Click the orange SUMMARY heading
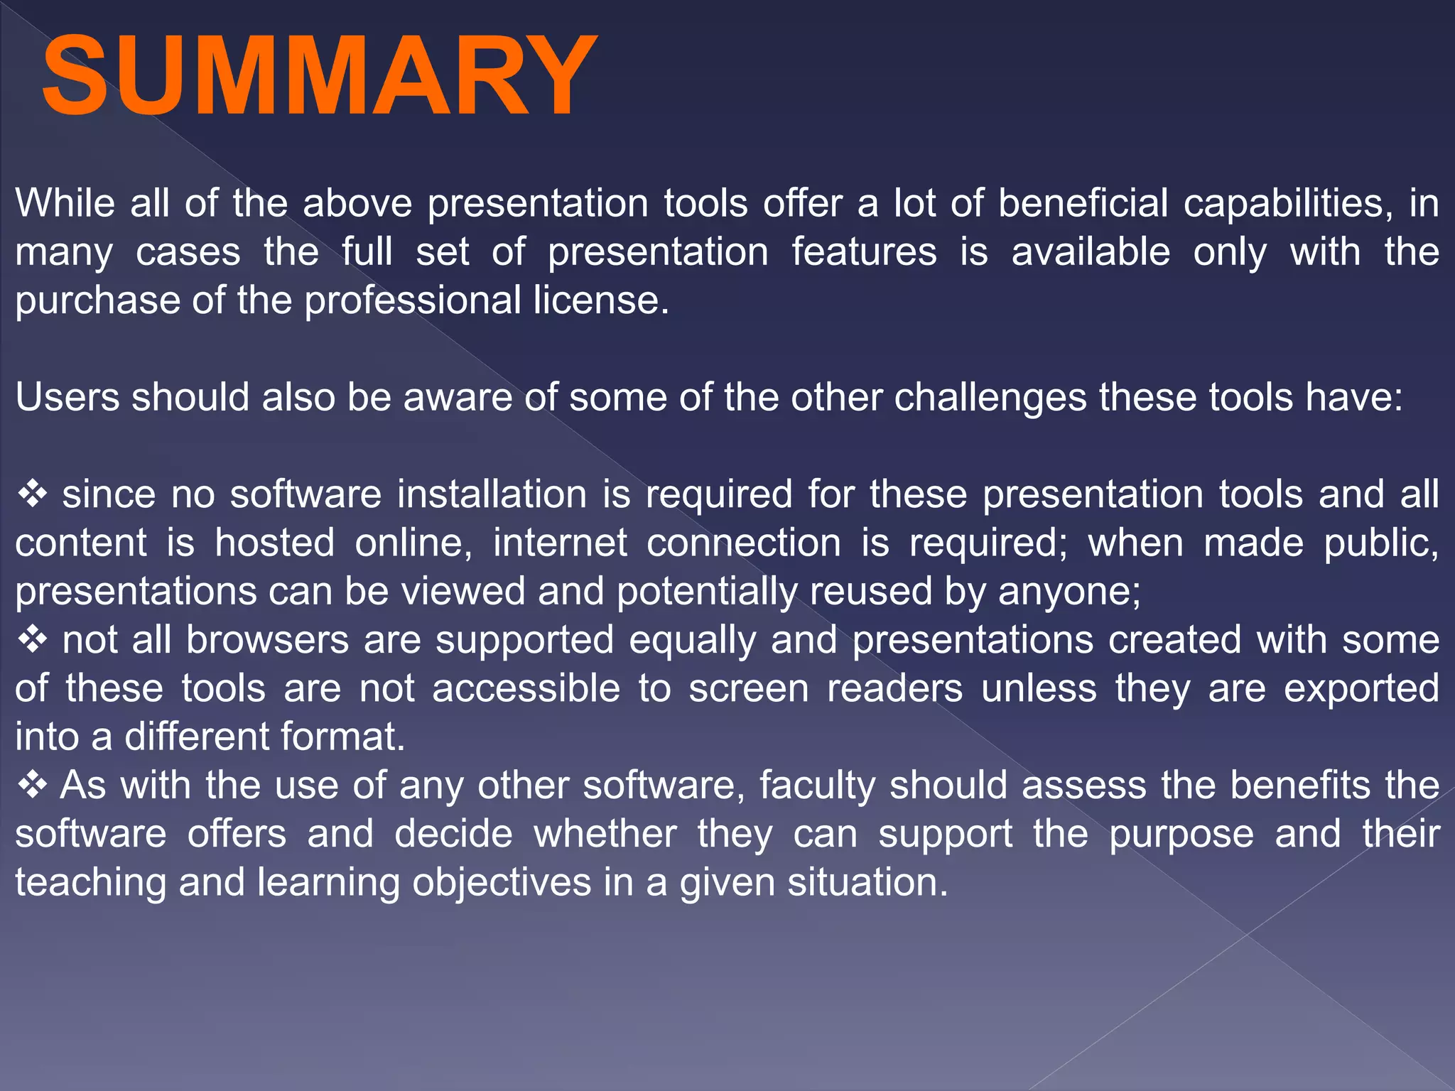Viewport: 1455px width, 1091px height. (320, 77)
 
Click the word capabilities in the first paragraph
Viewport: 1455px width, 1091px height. (1284, 204)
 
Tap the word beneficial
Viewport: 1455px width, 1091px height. (1083, 204)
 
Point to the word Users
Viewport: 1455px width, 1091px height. (67, 397)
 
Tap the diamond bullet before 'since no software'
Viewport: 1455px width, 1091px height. (33, 494)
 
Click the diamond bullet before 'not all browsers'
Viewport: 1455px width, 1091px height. (33, 639)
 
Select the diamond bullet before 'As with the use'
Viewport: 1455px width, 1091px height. (33, 785)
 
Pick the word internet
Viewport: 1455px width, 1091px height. (560, 543)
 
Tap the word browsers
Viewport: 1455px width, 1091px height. (267, 641)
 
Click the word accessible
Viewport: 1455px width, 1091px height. (526, 689)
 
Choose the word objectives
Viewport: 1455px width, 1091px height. (502, 884)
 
